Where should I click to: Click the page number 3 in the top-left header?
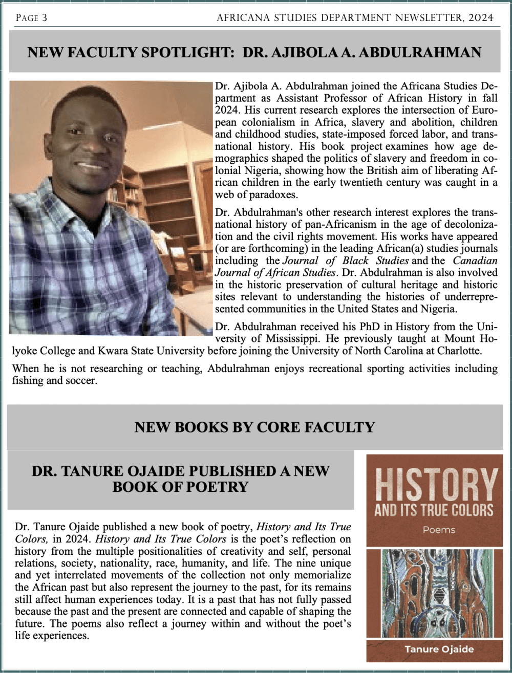pyautogui.click(x=45, y=18)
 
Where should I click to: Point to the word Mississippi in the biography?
pyautogui.click(x=298, y=339)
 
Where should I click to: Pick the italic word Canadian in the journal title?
pyautogui.click(x=475, y=260)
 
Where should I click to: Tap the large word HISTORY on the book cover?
pyautogui.click(x=436, y=485)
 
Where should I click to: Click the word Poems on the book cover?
pyautogui.click(x=439, y=530)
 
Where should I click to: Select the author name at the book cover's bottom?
pyautogui.click(x=439, y=649)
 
